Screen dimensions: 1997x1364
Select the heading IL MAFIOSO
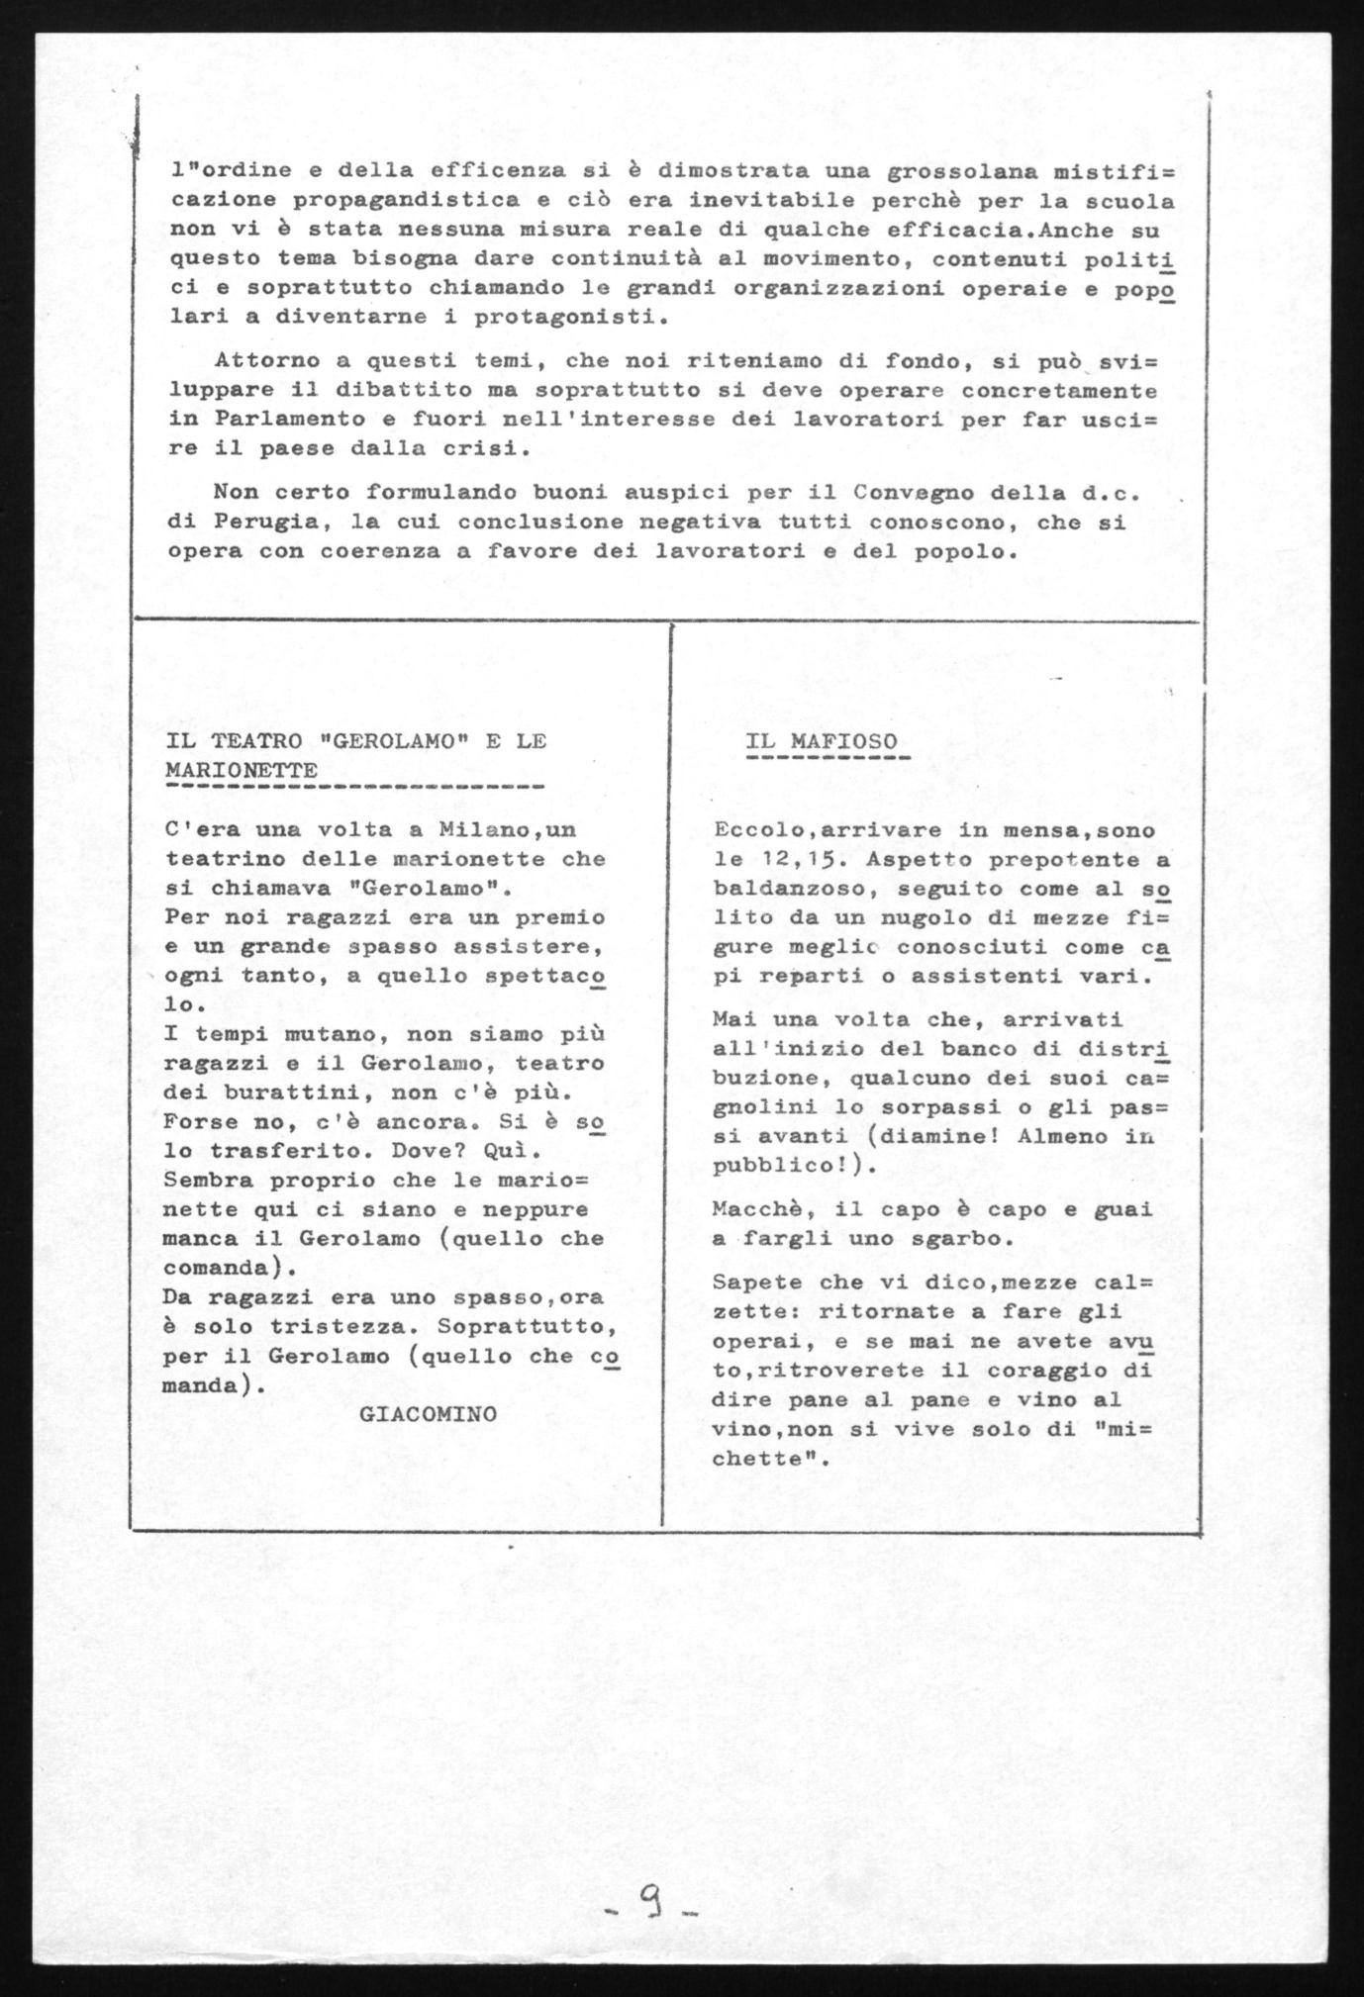click(x=822, y=741)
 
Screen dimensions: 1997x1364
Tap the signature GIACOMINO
click(x=429, y=1414)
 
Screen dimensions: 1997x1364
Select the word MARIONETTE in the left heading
click(x=242, y=770)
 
